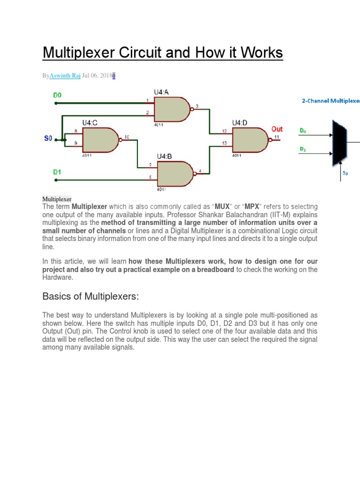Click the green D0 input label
(57, 95)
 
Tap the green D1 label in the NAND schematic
(57, 172)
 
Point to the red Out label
(277, 129)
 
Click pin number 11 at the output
(277, 137)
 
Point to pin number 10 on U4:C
(127, 137)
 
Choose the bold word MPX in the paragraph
(250, 207)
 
